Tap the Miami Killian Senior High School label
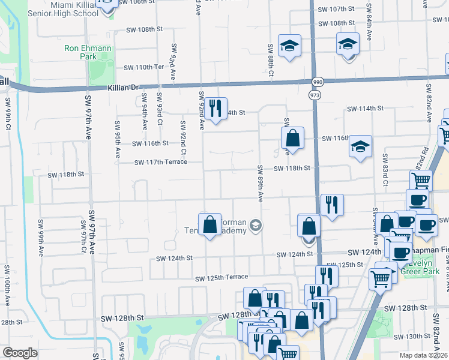pos(83,8)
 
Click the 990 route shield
pos(316,82)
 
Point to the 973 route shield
pos(314,95)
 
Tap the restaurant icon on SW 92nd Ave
pos(215,109)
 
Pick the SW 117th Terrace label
pos(160,162)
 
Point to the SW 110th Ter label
pos(143,67)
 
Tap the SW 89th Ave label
pos(261,183)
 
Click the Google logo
pos(20,353)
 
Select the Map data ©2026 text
pos(424,355)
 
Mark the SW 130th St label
pos(421,337)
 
